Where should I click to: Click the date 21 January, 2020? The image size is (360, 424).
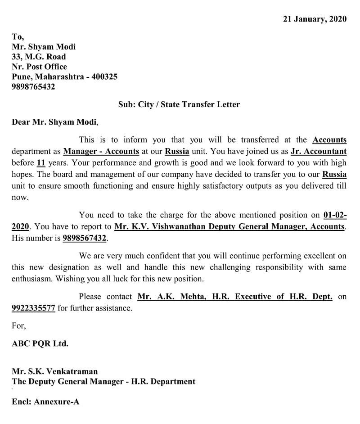click(x=315, y=19)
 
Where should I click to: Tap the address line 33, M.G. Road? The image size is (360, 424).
click(x=39, y=57)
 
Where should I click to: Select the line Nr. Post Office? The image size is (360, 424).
click(x=39, y=67)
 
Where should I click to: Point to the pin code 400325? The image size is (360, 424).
click(x=104, y=77)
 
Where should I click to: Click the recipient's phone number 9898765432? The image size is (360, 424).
click(x=33, y=87)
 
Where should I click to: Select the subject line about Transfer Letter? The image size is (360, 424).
click(x=179, y=104)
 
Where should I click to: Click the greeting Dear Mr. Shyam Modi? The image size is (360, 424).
click(x=54, y=122)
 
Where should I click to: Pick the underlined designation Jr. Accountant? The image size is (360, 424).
click(x=319, y=151)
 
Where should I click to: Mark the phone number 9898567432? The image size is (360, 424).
click(x=85, y=238)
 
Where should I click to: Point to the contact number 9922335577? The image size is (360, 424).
click(x=33, y=308)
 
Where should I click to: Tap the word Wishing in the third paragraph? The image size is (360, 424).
click(x=69, y=279)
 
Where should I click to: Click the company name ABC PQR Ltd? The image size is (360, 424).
click(x=40, y=343)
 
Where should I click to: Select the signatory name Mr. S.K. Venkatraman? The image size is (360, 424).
click(x=54, y=372)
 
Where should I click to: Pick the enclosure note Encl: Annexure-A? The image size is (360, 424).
click(x=45, y=401)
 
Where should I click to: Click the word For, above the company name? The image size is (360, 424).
click(x=19, y=326)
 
